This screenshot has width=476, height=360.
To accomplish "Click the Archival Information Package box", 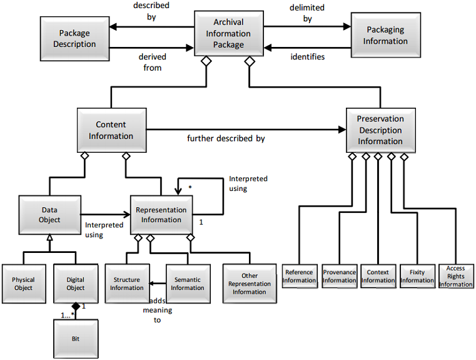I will tap(228, 34).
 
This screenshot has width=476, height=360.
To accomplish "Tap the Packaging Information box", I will tap(385, 35).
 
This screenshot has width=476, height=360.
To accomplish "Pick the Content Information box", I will tap(111, 131).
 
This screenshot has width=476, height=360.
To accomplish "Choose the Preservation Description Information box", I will tap(380, 130).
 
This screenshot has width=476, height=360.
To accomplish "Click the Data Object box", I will tap(49, 215).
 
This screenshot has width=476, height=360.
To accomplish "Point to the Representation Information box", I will tap(161, 215).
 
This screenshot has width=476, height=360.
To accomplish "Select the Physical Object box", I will tap(24, 284).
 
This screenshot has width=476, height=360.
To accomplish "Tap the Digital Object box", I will tap(75, 284).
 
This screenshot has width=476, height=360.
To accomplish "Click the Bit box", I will tap(75, 337).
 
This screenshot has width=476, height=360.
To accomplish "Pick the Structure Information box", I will tap(127, 284).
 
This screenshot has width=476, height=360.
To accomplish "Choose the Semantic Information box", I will tap(188, 284).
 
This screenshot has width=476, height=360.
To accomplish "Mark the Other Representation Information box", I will tap(250, 284).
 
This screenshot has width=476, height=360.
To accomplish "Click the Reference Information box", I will tap(299, 277).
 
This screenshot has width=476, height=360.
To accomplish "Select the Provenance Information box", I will tap(339, 277).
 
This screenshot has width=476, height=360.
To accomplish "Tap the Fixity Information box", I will tap(417, 277).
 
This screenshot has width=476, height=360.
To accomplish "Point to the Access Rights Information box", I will tap(456, 277).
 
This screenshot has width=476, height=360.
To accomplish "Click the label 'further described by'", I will tap(226, 138).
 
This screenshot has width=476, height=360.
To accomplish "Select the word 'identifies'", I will tap(308, 57).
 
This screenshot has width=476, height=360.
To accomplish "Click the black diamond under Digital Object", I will tap(75, 307).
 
